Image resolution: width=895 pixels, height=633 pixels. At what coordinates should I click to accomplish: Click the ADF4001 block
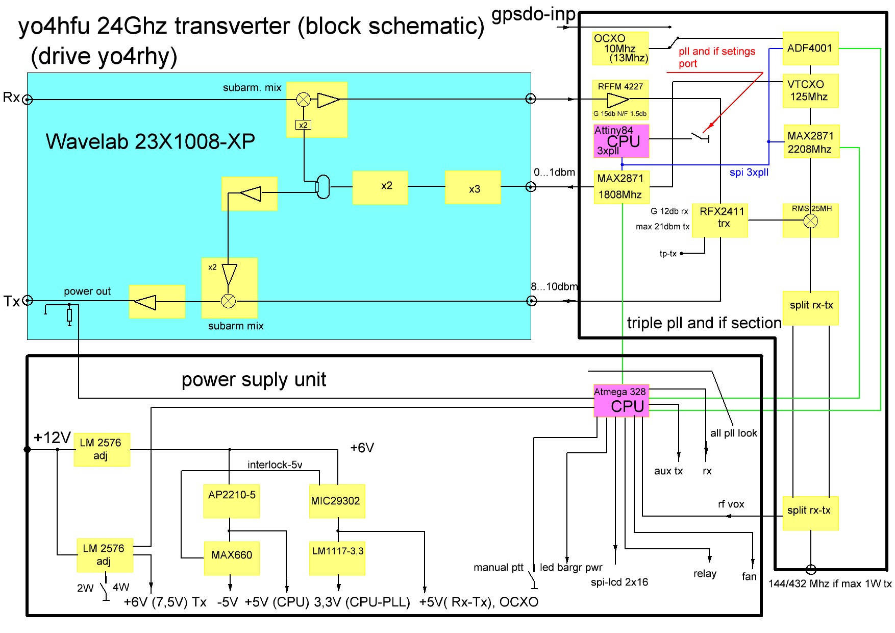coord(810,48)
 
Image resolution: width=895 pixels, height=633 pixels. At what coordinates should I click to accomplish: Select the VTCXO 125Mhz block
coord(810,91)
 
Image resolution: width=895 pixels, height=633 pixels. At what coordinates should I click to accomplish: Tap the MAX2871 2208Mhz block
coord(810,142)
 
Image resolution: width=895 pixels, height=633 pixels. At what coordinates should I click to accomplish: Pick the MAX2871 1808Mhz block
coord(620,187)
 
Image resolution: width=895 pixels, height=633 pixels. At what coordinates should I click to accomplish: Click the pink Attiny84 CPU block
coord(621,141)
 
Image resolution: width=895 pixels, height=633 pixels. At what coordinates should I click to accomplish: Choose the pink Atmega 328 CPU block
coord(621,401)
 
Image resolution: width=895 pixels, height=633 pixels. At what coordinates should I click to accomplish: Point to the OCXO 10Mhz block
coord(620,48)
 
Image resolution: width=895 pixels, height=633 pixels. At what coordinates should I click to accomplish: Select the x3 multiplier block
coord(473,188)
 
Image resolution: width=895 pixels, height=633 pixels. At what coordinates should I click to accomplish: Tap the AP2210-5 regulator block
coord(232,501)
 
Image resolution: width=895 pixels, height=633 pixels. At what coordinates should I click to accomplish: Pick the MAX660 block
coord(232,557)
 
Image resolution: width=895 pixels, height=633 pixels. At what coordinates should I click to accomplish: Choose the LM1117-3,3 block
coord(337,557)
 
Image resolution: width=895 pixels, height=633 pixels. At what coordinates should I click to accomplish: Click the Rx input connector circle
coord(28,100)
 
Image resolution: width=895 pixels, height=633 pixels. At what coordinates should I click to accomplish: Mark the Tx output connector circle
coord(28,301)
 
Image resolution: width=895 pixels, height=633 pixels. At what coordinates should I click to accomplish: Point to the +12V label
coord(52,438)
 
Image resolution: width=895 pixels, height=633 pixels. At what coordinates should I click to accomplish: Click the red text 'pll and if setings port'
coord(716,57)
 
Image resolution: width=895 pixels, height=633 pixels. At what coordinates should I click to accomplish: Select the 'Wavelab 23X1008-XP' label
coord(150,142)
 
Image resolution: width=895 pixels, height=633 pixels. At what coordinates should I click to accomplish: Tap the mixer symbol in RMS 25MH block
coord(811,221)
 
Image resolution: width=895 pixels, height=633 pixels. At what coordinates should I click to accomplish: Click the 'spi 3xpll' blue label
coord(749,173)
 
